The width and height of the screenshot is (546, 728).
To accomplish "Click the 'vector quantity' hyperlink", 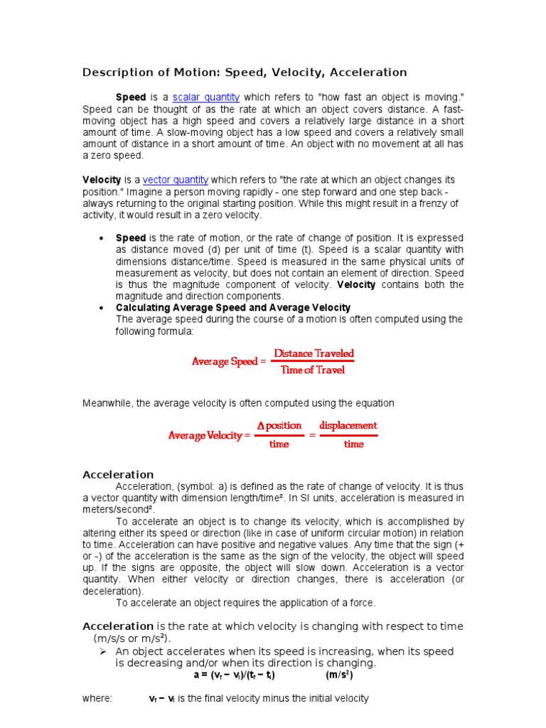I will [x=176, y=181].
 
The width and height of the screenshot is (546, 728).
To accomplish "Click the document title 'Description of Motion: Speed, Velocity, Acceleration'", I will [x=245, y=73].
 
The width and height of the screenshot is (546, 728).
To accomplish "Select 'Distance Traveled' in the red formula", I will [x=314, y=353].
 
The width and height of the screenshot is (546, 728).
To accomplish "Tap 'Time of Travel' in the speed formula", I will [x=313, y=370].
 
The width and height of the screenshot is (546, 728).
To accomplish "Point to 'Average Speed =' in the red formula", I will [x=229, y=361].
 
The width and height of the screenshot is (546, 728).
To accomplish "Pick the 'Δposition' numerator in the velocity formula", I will [x=279, y=426].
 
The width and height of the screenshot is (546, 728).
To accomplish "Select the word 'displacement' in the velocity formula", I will [x=348, y=426].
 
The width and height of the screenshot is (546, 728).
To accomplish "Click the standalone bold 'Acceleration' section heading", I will [x=118, y=474].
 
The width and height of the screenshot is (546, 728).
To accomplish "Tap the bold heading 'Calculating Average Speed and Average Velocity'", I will [x=233, y=307].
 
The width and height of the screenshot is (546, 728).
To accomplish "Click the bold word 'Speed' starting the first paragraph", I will [x=131, y=97].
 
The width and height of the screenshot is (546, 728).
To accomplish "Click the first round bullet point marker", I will [x=102, y=237].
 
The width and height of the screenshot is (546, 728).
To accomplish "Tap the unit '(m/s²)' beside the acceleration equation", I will [x=340, y=675].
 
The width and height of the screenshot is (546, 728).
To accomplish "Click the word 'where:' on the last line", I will [x=97, y=699].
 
